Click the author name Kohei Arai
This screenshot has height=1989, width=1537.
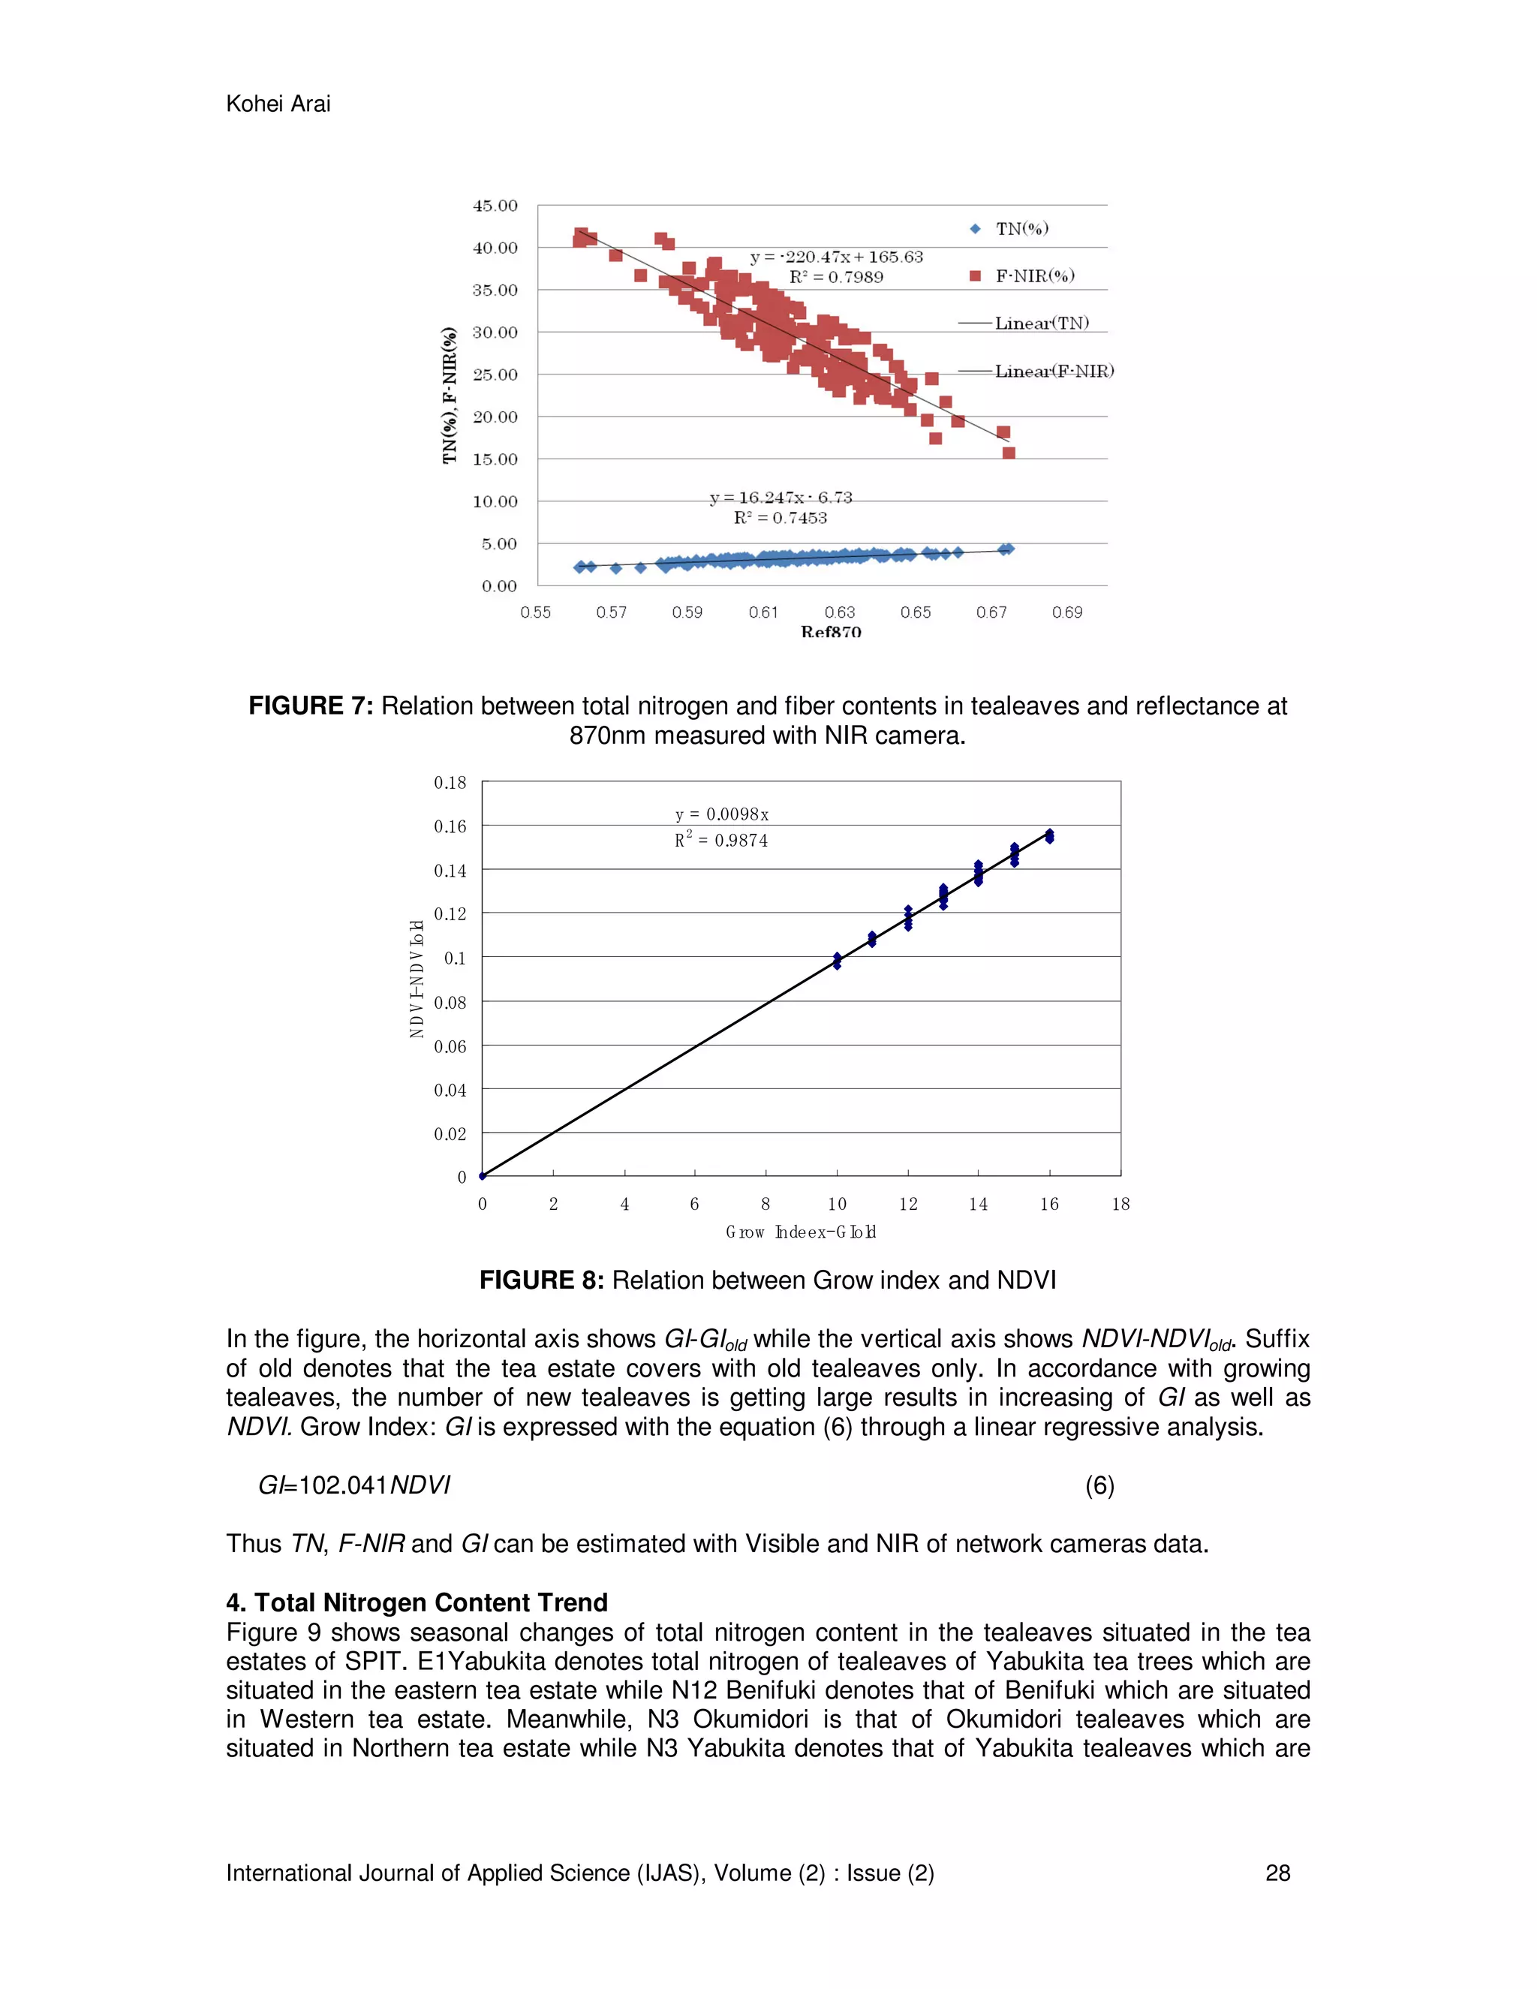pos(278,104)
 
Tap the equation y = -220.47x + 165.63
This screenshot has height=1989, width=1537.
pos(836,257)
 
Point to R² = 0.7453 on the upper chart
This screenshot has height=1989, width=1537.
pos(781,518)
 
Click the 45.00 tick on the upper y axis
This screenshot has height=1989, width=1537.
pos(495,206)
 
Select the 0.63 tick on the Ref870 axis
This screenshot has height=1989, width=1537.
pos(840,612)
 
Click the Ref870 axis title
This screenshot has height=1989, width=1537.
pos(831,631)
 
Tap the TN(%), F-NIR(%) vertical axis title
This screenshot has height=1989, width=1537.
pos(449,396)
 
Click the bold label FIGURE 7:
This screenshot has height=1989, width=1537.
pos(311,706)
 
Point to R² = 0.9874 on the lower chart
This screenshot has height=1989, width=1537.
pos(721,840)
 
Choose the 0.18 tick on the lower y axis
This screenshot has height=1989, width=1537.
pos(450,782)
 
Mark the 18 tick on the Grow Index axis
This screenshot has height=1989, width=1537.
pos(1120,1204)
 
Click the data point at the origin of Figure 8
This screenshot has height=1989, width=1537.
pos(483,1175)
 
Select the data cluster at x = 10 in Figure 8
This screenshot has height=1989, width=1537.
pos(837,961)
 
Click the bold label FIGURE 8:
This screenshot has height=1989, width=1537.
pos(541,1280)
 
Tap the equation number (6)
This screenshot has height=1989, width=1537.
pos(1099,1485)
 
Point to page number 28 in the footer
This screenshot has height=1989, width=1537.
pos(1277,1873)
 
